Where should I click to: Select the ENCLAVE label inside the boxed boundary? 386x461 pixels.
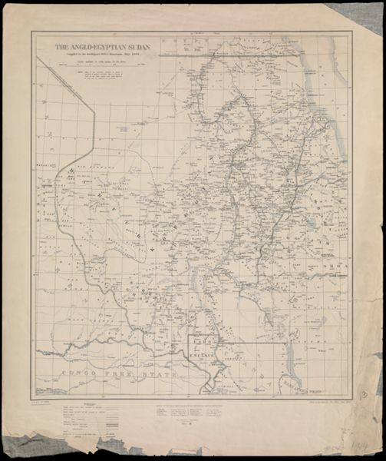tap(201, 357)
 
